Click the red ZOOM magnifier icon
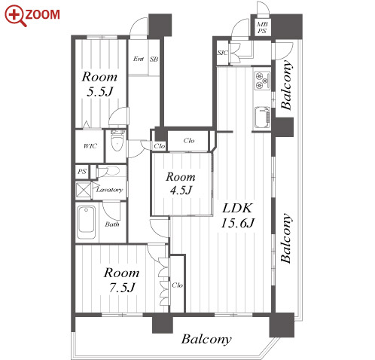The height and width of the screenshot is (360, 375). (x=15, y=16)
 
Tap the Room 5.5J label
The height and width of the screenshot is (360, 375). (x=99, y=84)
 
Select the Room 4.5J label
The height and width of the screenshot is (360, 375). (x=181, y=184)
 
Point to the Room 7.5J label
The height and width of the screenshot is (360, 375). (x=122, y=280)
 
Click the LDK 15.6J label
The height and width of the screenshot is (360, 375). (x=237, y=215)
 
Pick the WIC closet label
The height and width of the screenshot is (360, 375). (x=90, y=146)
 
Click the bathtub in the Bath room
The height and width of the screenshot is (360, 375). (x=86, y=222)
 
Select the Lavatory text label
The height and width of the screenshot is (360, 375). (x=110, y=190)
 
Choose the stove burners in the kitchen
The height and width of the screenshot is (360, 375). (x=262, y=81)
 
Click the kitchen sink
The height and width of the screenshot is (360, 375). (x=262, y=117)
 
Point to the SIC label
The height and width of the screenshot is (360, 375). (x=223, y=53)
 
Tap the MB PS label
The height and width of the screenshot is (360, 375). (x=262, y=28)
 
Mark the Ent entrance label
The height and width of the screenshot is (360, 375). (x=139, y=59)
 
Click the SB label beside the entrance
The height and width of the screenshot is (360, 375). (x=154, y=59)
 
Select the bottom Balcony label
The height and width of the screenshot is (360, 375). (x=206, y=340)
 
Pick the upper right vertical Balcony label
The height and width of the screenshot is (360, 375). (x=286, y=85)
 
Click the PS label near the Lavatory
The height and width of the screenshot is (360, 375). (x=82, y=172)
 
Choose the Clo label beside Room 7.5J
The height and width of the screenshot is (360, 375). (x=177, y=285)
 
